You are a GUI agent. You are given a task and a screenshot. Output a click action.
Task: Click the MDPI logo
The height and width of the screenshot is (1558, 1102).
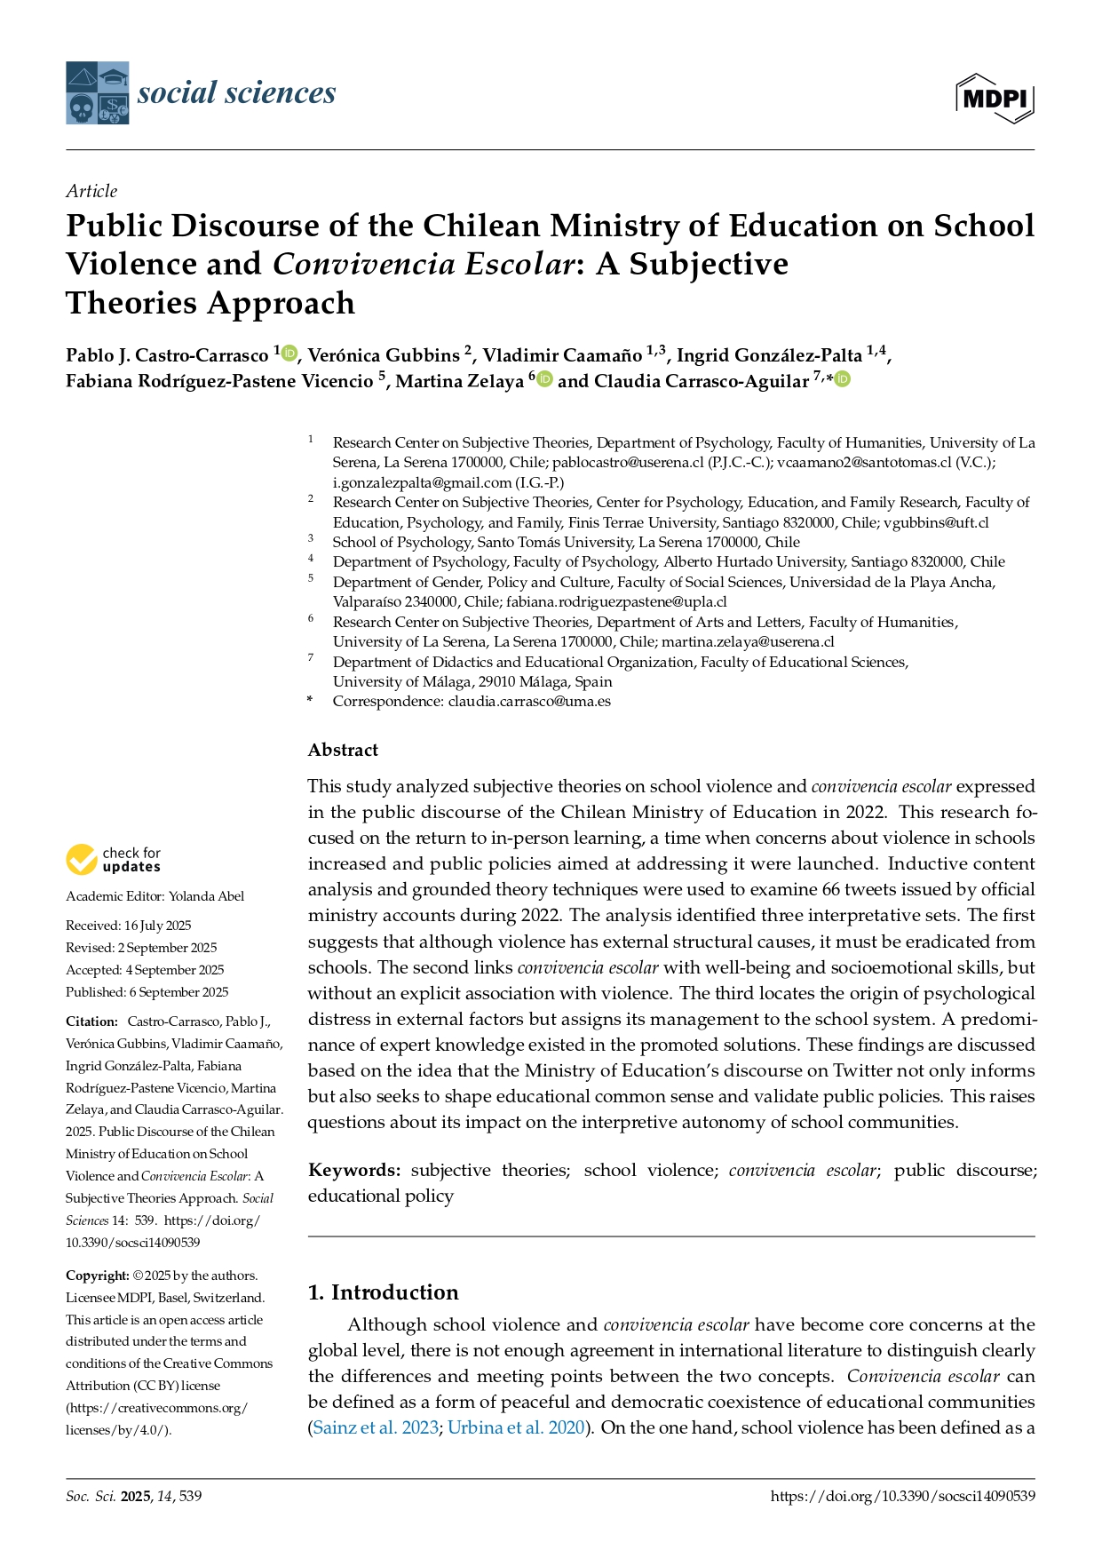[x=995, y=98]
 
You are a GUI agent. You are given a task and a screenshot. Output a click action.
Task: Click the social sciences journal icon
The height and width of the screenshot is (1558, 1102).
[x=98, y=92]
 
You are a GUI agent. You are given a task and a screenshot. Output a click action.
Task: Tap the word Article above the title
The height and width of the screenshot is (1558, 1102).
[x=91, y=191]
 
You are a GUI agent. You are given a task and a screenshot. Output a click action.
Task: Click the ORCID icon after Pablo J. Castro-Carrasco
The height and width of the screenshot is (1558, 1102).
[x=289, y=354]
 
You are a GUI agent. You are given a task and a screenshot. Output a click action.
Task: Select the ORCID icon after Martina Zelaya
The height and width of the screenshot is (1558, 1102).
[x=544, y=379]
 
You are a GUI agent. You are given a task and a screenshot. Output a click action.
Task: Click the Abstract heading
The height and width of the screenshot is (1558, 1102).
[x=343, y=750]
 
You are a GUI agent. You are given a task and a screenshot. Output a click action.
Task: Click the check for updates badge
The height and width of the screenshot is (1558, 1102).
[x=113, y=859]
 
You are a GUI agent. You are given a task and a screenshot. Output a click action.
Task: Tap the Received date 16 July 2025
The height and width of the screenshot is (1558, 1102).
[x=157, y=926]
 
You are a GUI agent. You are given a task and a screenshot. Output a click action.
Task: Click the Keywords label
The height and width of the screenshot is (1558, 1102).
[x=354, y=1170]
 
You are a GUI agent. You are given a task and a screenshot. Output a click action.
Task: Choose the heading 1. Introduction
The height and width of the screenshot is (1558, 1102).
[x=383, y=1292]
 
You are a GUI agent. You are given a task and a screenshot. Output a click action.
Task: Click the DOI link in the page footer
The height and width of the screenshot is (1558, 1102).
[x=902, y=1496]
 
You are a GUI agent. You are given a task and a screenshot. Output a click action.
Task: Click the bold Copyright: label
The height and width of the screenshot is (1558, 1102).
[x=98, y=1276]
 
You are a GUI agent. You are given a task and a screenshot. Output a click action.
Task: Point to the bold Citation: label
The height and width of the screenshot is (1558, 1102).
[x=91, y=1021]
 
